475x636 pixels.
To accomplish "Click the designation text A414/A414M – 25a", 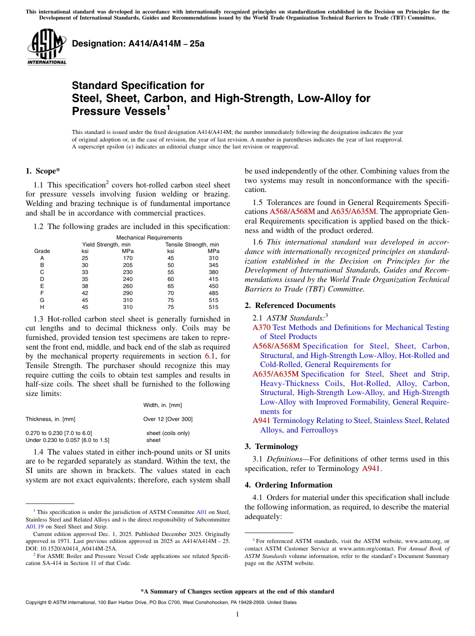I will tap(138, 43).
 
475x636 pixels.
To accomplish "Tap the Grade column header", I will tap(42, 251).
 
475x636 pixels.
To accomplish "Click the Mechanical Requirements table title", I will tap(149, 237).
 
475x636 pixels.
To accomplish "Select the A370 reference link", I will tap(261, 327).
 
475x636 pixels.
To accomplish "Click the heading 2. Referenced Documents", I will tap(290, 305).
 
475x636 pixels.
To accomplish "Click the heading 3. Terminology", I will tap(271, 446).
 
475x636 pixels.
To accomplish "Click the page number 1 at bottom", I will tap(237, 614).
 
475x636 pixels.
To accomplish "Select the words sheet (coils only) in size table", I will tap(167, 433).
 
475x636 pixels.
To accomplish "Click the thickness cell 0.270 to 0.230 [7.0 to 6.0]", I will tap(58, 433).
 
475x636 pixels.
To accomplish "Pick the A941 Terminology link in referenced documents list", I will tap(261, 420).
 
